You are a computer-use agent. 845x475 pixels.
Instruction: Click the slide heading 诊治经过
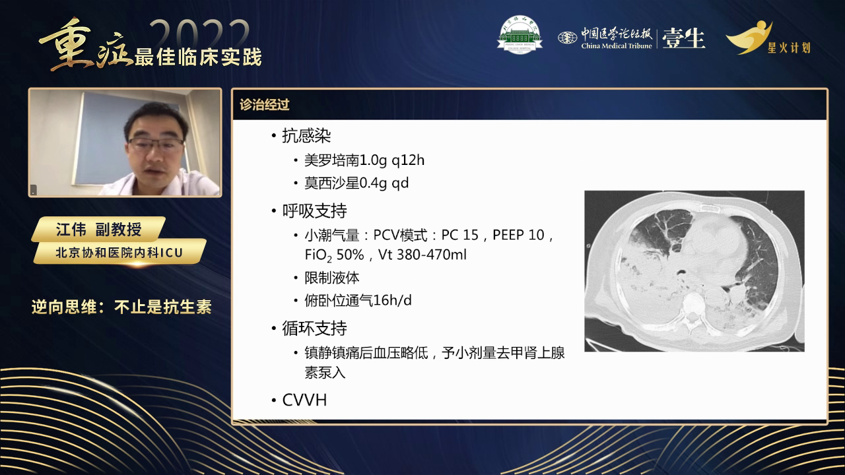tap(265, 105)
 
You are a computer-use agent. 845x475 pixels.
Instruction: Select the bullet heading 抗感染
tap(306, 136)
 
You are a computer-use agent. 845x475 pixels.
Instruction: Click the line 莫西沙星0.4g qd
tap(356, 183)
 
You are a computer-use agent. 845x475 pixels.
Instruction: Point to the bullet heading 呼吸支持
tap(314, 211)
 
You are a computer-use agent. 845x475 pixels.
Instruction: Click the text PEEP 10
tap(516, 235)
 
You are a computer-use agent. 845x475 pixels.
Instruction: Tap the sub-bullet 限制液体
tap(331, 278)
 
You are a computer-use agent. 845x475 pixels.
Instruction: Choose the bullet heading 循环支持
tap(314, 328)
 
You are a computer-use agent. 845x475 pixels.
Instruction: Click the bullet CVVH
tap(304, 400)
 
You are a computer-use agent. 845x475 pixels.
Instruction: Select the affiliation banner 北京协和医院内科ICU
tap(119, 251)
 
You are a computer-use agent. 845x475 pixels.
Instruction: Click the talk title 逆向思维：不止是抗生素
tap(121, 307)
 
